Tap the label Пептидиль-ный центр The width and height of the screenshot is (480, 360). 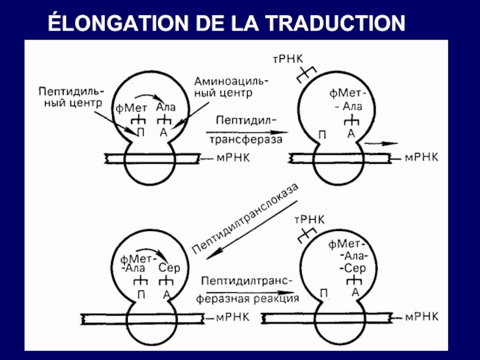(71, 97)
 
